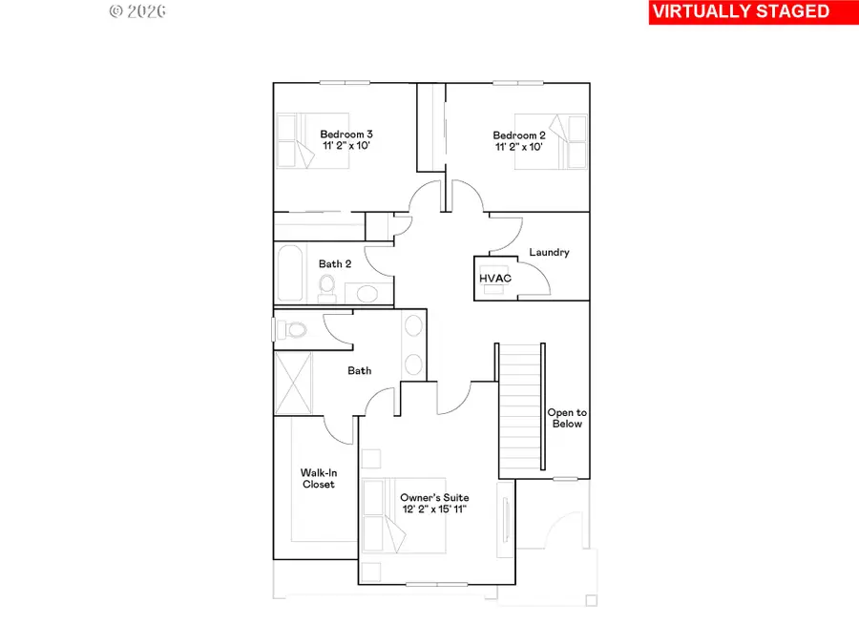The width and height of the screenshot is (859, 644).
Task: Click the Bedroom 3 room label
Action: [x=346, y=134]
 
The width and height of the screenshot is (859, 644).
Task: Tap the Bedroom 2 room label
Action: [x=519, y=135]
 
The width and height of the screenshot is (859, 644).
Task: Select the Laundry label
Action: [x=550, y=252]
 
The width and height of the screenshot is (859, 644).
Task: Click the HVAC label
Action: [x=495, y=278]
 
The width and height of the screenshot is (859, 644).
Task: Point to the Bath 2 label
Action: [x=335, y=263]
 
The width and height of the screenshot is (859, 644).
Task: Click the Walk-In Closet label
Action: [x=318, y=478]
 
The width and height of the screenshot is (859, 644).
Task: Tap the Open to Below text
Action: [x=566, y=418]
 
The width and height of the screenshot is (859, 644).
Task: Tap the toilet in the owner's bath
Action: [x=293, y=330]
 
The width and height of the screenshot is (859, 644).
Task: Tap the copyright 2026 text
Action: [x=137, y=11]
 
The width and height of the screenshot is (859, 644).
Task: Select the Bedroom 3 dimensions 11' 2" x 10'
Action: [x=346, y=147]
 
